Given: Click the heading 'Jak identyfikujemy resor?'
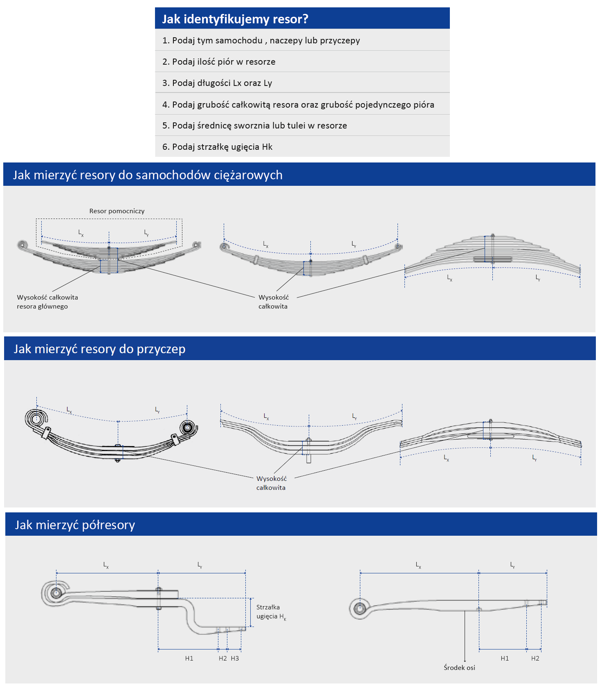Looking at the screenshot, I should (x=235, y=19).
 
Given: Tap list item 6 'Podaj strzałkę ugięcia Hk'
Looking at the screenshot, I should (x=217, y=147).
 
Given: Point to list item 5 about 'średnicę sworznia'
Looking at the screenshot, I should (x=254, y=126).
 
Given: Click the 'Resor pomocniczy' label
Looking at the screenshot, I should (x=117, y=211).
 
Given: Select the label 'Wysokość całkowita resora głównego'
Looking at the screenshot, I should (x=47, y=302).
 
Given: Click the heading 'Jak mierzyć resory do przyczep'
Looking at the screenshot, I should (x=99, y=349).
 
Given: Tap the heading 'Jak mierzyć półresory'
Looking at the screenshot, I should (x=75, y=525).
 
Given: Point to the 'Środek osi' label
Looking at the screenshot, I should (x=459, y=667).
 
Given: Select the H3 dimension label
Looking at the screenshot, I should (x=235, y=658).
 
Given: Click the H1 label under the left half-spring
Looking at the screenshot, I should (x=189, y=658).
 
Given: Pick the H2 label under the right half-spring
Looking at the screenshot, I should (x=535, y=658).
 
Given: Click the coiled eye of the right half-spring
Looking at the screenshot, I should (x=359, y=608).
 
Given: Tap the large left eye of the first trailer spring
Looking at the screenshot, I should (x=36, y=419).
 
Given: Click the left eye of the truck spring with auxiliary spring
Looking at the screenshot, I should (x=22, y=245).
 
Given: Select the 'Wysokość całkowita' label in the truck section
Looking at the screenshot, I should (x=273, y=302).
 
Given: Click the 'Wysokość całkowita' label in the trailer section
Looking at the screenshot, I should (x=271, y=483).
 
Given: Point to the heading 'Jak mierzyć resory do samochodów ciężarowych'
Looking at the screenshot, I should (x=148, y=175).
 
